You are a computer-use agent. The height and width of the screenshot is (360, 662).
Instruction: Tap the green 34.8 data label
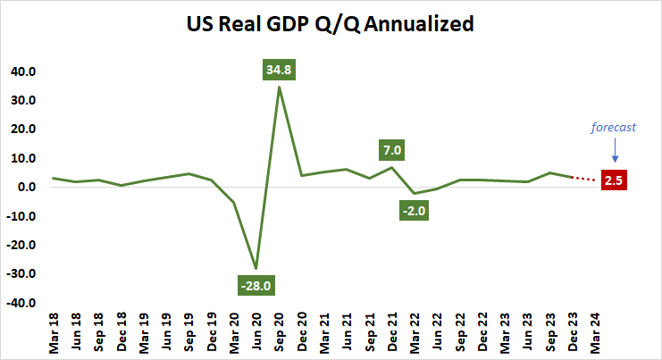pos(280,69)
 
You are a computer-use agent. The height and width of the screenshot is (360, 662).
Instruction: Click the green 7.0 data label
pos(391,149)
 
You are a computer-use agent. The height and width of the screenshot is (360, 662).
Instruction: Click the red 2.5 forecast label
pos(614,180)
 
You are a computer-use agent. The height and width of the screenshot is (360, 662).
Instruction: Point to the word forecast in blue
pos(613,127)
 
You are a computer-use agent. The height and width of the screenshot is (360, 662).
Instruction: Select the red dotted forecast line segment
pos(585,180)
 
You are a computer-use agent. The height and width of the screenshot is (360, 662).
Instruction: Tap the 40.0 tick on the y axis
pos(21,71)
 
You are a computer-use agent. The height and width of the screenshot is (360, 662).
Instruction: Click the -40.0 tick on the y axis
pos(19,303)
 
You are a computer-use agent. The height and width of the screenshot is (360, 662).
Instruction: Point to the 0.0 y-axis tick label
pos(24,188)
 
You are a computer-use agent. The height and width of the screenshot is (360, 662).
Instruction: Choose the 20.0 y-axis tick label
pos(21,130)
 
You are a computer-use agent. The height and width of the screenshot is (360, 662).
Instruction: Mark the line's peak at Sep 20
pos(280,87)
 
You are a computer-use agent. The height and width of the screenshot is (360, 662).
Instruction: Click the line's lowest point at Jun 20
pos(256,268)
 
